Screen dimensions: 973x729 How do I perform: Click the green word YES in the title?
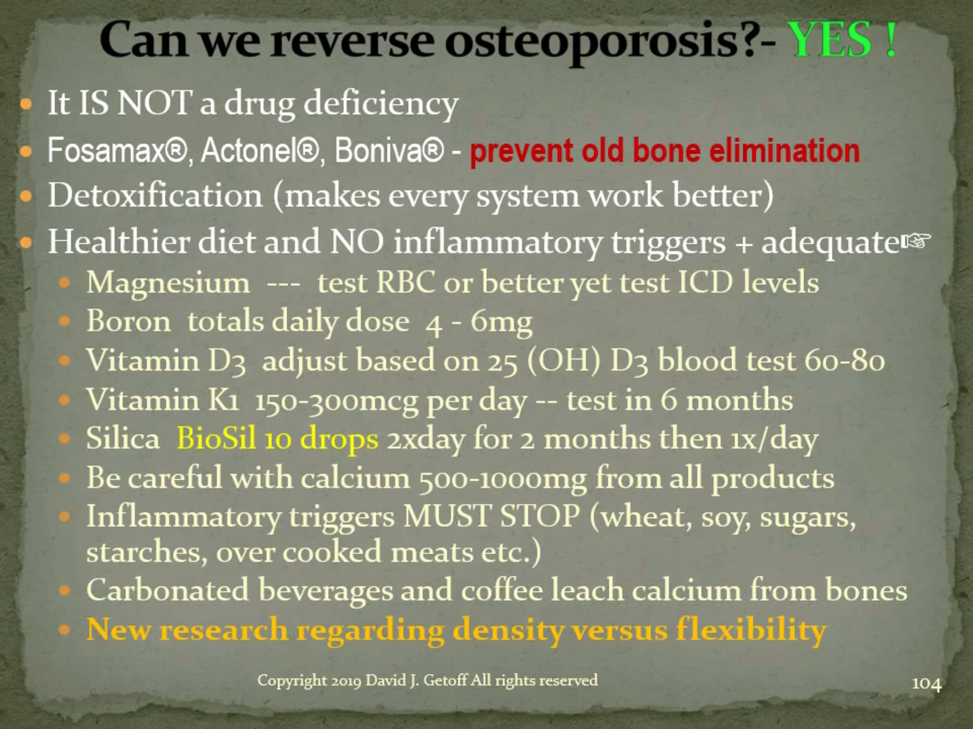[831, 40]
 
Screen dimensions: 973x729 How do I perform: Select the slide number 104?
[926, 683]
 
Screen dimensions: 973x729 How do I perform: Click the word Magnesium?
[168, 282]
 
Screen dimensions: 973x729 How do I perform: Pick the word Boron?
[129, 321]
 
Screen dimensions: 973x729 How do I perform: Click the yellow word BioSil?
[216, 438]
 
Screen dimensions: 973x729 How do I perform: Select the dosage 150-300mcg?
[336, 400]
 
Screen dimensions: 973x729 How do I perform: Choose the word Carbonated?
[167, 590]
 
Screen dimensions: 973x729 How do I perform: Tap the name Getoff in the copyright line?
[445, 680]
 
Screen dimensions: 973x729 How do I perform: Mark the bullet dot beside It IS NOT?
[26, 105]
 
